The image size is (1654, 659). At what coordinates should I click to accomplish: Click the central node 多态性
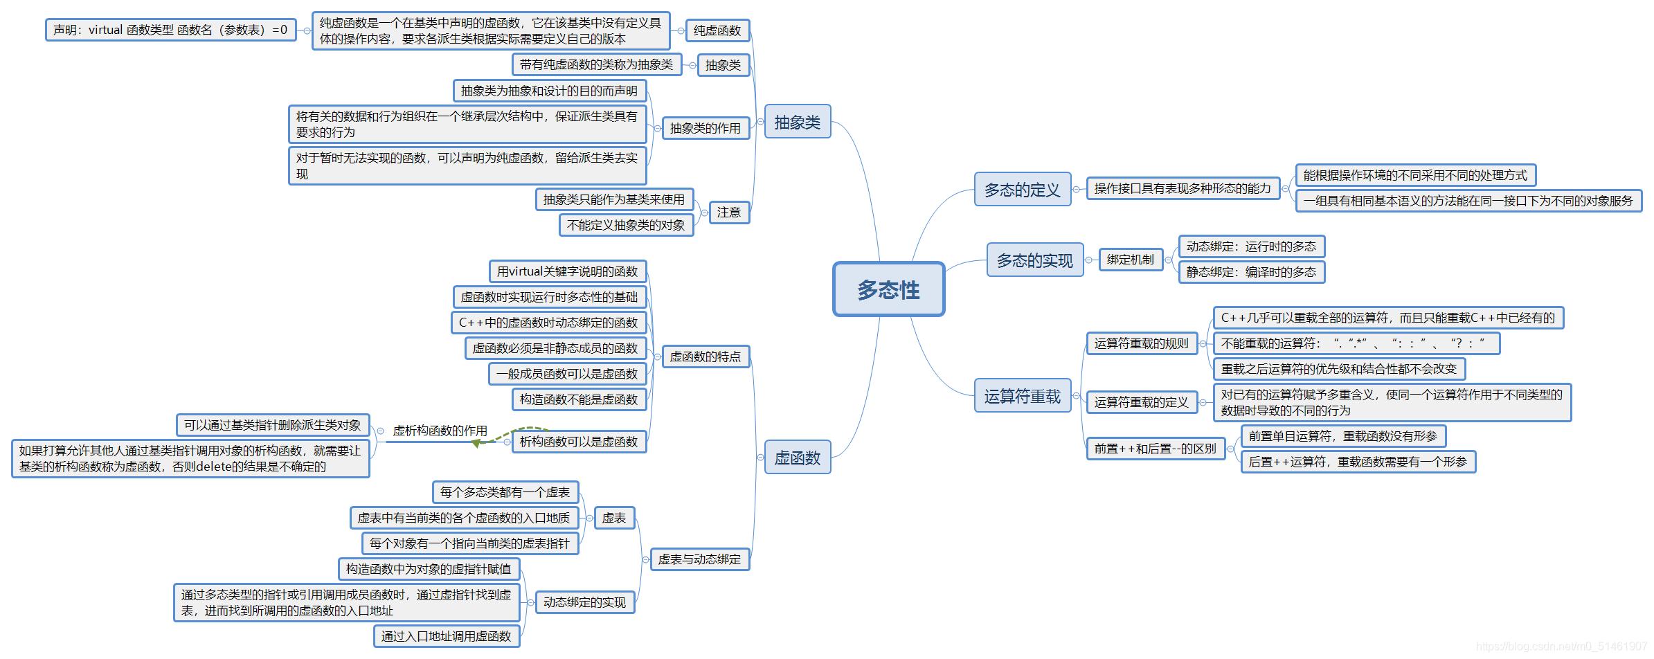(x=888, y=289)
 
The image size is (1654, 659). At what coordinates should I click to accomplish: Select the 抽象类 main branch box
(x=797, y=122)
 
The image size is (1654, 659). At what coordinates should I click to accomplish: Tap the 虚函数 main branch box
(x=797, y=458)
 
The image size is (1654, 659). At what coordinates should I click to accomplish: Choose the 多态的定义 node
(x=1022, y=189)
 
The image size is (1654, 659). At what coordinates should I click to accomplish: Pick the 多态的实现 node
(x=1034, y=260)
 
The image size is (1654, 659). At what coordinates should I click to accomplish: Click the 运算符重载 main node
(x=1022, y=396)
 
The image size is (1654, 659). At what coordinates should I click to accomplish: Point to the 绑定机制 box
(x=1130, y=260)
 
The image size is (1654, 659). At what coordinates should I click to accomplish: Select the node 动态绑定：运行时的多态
(x=1251, y=246)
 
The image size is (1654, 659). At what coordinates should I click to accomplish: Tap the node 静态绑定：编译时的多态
(x=1251, y=272)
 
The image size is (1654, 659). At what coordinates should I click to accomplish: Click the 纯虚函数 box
(x=717, y=30)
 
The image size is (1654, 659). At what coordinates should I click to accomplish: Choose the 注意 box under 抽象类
(x=728, y=212)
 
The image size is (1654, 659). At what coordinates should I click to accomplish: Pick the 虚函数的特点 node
(x=705, y=356)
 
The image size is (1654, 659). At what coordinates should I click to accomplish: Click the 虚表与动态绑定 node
(x=699, y=559)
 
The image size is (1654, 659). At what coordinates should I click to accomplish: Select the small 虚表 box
(x=613, y=518)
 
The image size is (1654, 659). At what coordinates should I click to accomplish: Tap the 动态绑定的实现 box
(x=584, y=602)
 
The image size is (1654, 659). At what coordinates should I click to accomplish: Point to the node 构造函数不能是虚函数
(x=579, y=399)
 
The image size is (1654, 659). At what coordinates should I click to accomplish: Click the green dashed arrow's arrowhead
(x=476, y=443)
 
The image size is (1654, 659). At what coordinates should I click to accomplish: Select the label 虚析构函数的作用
(x=440, y=431)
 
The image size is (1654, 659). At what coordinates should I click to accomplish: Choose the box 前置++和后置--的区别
(x=1155, y=449)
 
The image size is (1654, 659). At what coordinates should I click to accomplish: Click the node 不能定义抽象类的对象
(x=625, y=225)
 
